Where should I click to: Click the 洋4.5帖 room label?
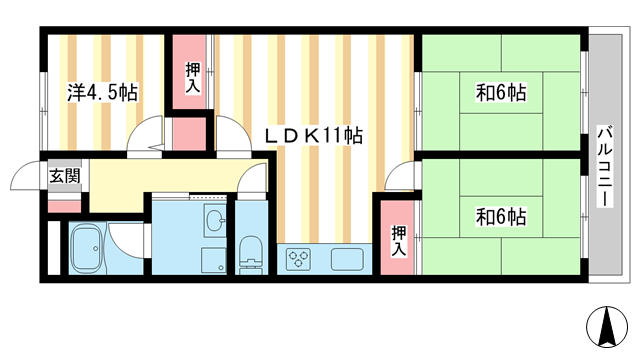click(102, 92)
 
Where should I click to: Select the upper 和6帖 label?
click(501, 93)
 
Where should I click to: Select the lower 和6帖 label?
click(501, 216)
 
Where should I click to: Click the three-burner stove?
click(299, 259)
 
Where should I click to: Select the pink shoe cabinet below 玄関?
click(63, 206)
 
